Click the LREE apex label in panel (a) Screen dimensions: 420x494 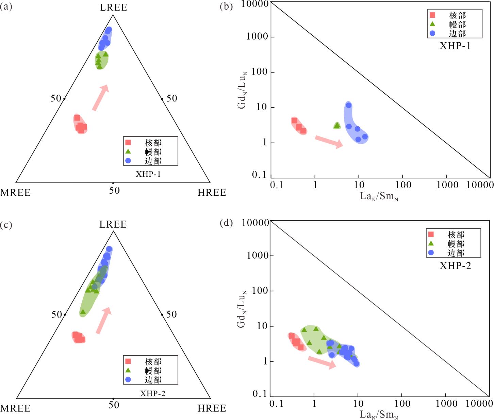pos(113,7)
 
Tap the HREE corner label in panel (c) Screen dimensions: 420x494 pos(212,408)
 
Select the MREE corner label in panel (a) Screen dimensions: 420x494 pos(15,193)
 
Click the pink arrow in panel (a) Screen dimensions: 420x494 pos(100,98)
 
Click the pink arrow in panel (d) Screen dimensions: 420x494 pos(322,362)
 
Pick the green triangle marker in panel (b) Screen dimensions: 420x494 pos(337,126)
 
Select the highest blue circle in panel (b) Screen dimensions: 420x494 pos(349,105)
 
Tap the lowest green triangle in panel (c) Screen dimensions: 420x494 pos(83,312)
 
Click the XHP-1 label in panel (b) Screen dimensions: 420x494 pos(455,46)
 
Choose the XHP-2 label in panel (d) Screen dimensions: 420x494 pos(455,266)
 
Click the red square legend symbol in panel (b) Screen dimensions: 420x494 pos(432,15)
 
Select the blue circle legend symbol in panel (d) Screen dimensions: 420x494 pos(431,253)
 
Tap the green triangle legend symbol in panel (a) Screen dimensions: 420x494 pos(128,151)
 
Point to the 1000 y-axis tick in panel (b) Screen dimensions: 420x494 pos(257,36)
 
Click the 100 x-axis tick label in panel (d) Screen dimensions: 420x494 pos(402,404)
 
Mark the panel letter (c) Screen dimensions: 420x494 pos(6,225)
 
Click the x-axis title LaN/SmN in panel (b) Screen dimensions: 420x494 pos(379,196)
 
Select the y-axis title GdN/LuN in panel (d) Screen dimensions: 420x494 pos(242,308)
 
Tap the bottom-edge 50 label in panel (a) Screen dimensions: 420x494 pos(114,190)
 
